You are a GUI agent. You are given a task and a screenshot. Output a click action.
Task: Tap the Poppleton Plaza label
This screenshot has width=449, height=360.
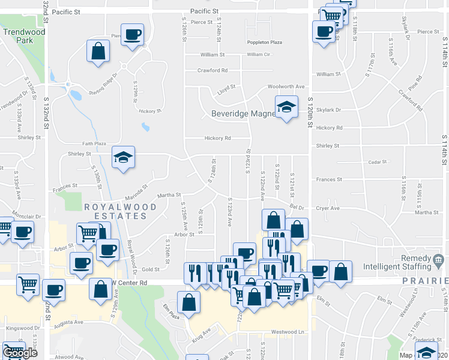tap(264, 43)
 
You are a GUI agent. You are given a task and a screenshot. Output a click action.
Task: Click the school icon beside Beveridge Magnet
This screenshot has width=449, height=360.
tap(286, 107)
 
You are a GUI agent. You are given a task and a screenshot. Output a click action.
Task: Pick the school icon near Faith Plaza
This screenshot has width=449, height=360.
tap(124, 158)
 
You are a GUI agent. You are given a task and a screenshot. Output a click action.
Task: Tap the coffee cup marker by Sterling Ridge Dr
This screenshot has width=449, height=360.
tap(132, 34)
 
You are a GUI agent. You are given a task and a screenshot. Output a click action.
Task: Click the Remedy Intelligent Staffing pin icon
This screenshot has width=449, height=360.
tap(439, 260)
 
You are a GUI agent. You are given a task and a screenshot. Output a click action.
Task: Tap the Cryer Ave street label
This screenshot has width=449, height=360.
tap(328, 208)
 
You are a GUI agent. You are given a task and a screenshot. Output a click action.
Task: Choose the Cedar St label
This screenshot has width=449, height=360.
tap(378, 162)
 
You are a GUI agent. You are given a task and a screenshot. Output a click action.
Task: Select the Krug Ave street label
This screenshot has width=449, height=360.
tap(202, 332)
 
